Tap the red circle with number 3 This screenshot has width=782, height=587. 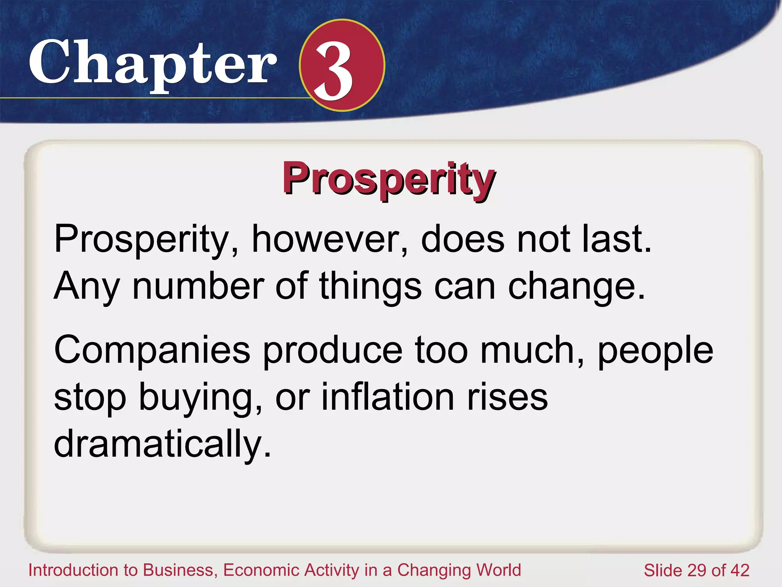(x=342, y=65)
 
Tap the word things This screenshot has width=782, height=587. (x=370, y=287)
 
